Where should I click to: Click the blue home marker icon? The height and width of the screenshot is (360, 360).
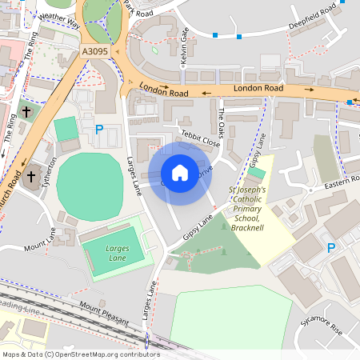coord(180,173)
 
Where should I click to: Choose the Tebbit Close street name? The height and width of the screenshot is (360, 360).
coord(199,138)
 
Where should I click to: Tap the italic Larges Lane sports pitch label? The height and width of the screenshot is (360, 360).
coord(118,254)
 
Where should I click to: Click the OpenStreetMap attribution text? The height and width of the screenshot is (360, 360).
coord(81,354)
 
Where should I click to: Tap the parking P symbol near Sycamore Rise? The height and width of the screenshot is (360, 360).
coord(331,248)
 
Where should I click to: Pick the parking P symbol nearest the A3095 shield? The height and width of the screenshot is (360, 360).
coord(99,129)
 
